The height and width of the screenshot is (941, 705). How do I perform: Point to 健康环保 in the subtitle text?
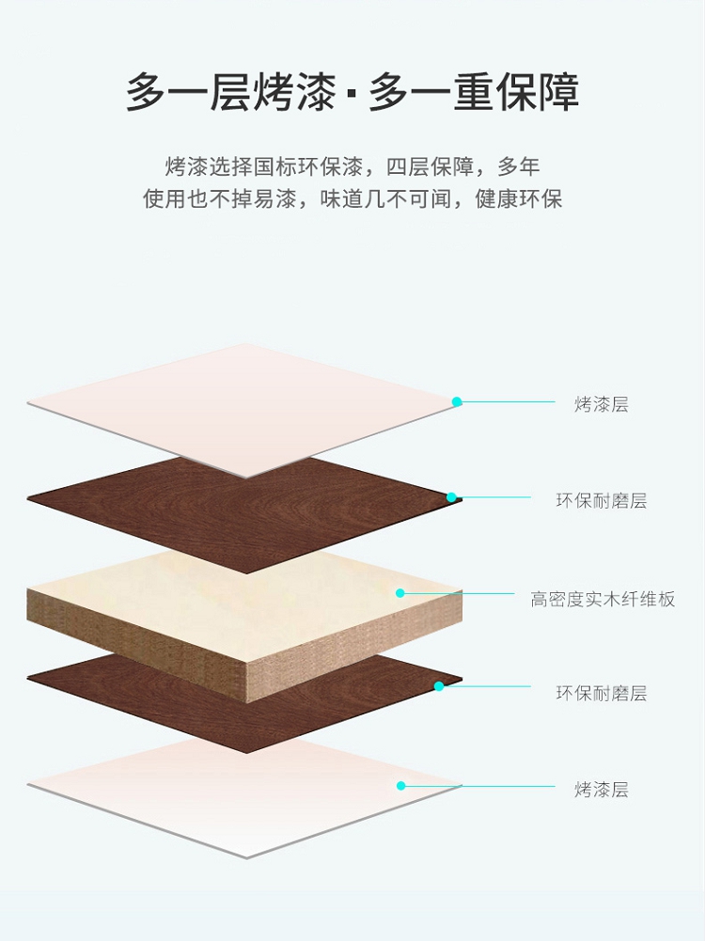[x=519, y=200]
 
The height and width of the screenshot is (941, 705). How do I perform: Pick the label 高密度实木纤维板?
[x=603, y=600]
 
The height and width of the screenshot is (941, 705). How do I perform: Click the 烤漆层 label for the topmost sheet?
[x=601, y=405]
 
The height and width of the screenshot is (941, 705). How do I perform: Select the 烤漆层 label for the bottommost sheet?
[x=601, y=790]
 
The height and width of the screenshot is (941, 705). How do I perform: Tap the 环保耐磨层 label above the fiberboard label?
[x=601, y=501]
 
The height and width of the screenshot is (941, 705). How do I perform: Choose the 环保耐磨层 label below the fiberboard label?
[x=601, y=694]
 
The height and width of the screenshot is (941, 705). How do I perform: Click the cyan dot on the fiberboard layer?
[x=400, y=593]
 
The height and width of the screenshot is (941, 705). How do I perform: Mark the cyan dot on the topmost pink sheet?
[x=457, y=401]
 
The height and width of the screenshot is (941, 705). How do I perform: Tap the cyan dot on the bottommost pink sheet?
[x=400, y=785]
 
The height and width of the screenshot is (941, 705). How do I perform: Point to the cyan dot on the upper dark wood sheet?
[x=451, y=497]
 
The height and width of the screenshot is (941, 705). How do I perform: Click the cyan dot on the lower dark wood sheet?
[x=438, y=686]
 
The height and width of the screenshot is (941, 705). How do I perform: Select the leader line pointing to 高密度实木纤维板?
[x=461, y=593]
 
